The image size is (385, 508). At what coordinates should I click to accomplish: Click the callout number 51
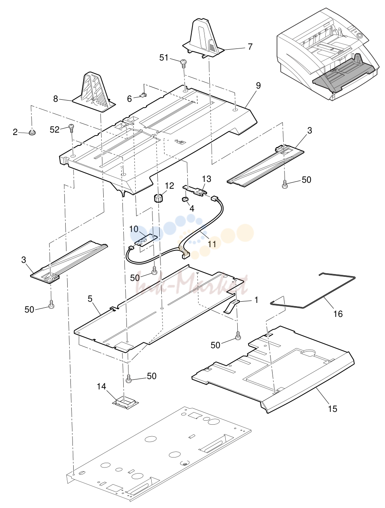point(164,57)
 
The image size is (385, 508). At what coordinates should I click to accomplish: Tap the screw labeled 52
point(71,127)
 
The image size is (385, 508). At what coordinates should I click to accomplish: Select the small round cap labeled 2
point(32,133)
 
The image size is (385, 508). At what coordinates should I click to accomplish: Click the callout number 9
point(259,86)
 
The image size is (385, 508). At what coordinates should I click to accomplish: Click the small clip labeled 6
point(144,95)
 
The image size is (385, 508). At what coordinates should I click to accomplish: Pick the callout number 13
point(207,179)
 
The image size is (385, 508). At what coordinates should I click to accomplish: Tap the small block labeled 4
point(185,199)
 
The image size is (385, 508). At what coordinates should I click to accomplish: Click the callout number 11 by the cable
point(212,244)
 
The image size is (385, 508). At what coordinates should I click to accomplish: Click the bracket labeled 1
point(231,306)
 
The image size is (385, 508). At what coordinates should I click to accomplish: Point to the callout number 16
point(338,314)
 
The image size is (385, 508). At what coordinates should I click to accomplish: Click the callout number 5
point(90,299)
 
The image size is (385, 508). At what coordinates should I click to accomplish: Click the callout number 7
point(250,46)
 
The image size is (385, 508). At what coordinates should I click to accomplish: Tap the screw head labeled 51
point(183,62)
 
